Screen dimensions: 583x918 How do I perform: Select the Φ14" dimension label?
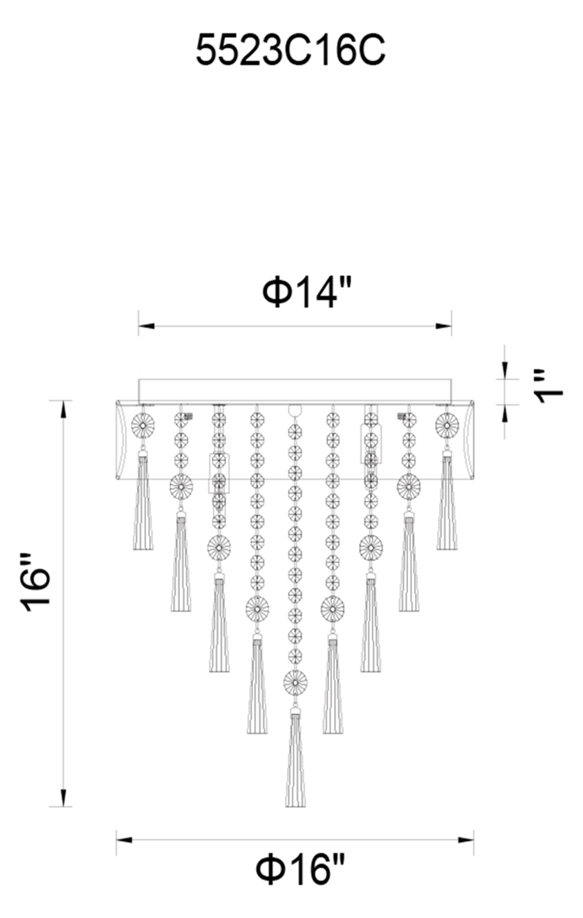point(307,293)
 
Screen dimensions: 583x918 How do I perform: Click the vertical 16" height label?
point(36,585)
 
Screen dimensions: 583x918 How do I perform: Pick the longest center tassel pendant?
point(295,758)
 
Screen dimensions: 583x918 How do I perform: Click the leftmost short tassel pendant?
point(143,500)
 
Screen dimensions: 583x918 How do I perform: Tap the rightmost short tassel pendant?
point(447,500)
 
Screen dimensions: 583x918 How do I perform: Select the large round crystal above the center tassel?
point(295,682)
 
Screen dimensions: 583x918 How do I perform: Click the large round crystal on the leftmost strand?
point(143,425)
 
